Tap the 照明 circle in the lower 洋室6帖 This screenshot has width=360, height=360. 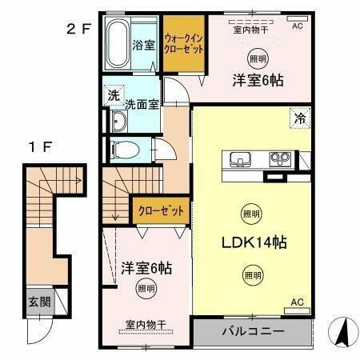click(144, 288)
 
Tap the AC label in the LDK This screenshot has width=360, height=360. click(297, 302)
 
